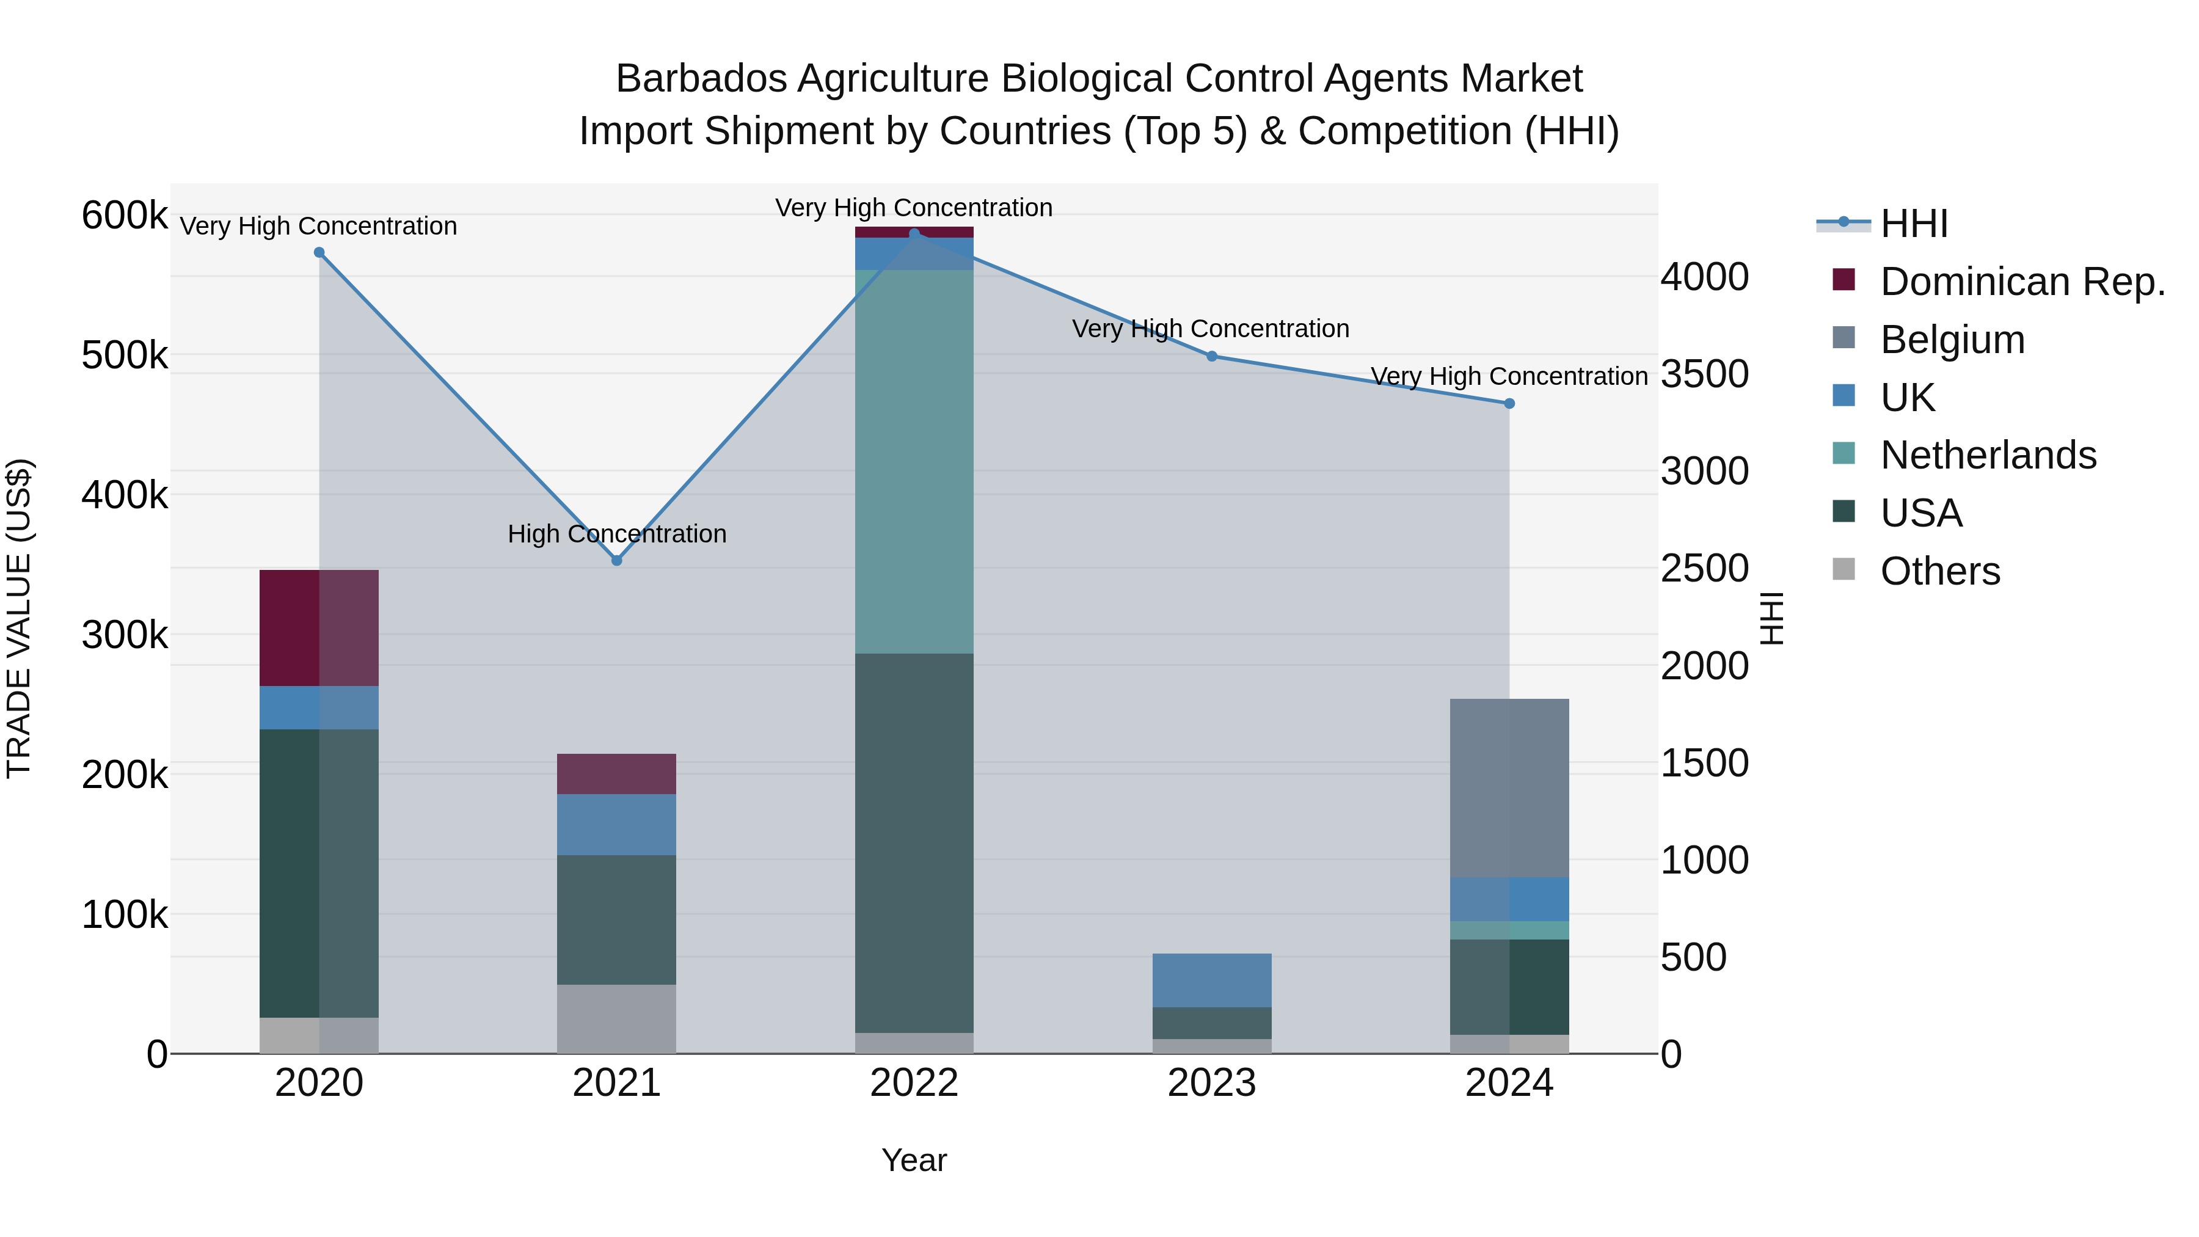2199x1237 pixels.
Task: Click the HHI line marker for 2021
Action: (616, 560)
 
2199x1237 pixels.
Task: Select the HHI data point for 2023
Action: (1211, 356)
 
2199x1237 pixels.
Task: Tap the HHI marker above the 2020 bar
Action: (319, 252)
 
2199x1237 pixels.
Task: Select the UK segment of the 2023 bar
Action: (1211, 979)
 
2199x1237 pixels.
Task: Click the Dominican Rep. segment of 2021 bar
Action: (616, 773)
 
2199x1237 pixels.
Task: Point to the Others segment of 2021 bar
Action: (616, 1018)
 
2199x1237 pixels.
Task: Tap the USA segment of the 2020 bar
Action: (319, 872)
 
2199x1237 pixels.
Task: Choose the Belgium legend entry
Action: (1952, 340)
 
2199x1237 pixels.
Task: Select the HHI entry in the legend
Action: (1913, 224)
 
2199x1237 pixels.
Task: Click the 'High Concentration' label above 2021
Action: (616, 533)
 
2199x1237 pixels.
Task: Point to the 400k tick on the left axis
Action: (125, 494)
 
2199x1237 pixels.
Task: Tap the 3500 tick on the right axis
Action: (1704, 374)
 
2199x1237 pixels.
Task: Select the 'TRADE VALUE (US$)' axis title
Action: (19, 618)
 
